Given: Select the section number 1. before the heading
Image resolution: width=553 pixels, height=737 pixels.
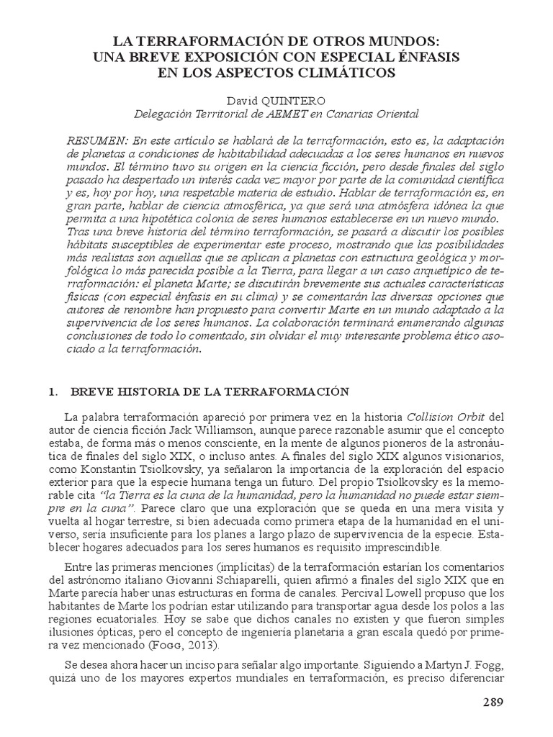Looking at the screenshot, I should pyautogui.click(x=52, y=392).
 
